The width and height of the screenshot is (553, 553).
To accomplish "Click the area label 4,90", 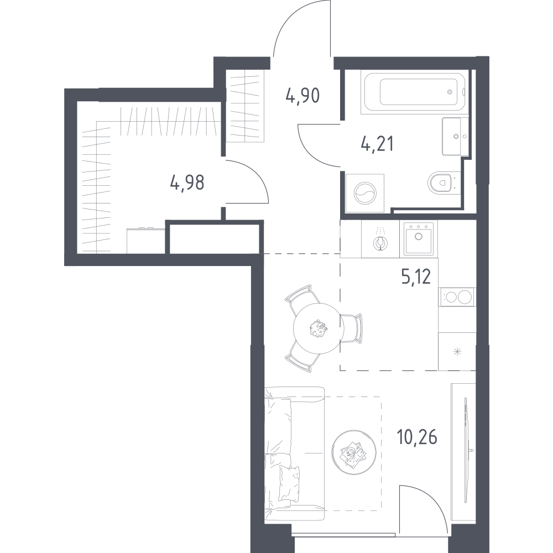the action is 302,95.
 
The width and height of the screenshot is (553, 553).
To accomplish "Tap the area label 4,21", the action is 377,144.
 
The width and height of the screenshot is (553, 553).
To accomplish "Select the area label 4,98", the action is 187,183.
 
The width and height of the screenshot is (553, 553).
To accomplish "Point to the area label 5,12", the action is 416,276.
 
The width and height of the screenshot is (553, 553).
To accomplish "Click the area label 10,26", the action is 417,437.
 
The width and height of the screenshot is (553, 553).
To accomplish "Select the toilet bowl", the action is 441,182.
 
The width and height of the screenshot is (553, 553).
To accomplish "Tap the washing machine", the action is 365,193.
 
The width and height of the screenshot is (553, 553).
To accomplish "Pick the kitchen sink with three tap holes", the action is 419,238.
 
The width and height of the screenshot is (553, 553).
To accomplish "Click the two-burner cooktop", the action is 457,297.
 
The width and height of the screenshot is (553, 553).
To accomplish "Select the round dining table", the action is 319,328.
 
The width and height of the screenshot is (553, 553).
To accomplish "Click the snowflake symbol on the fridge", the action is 457,351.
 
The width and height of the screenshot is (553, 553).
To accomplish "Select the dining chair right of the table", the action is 351,328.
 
